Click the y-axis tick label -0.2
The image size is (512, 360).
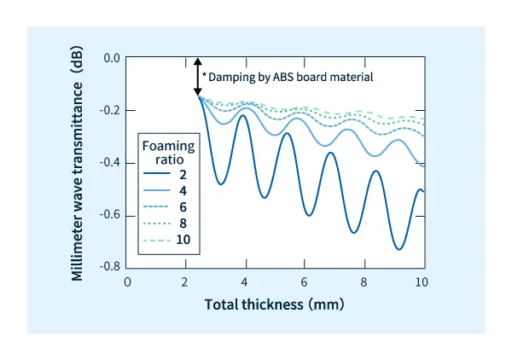[x=110, y=111]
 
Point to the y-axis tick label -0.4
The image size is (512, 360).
[x=110, y=163]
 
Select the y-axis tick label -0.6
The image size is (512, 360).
[x=110, y=215]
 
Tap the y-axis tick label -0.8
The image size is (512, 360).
[x=110, y=267]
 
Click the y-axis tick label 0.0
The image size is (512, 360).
[x=112, y=59]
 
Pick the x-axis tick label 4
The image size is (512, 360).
[x=245, y=282]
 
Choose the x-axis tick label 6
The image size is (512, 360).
[x=304, y=282]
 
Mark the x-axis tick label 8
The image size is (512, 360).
[x=363, y=282]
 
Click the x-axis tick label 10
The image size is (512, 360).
[x=421, y=282]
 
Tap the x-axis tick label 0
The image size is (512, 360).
[x=127, y=282]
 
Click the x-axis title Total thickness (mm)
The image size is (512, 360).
[x=273, y=305]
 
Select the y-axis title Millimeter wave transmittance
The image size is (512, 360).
[x=78, y=162]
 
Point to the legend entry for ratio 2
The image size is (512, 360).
[x=172, y=175]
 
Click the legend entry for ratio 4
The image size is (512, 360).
[x=172, y=191]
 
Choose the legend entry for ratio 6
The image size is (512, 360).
[x=172, y=207]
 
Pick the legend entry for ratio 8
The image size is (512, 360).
[x=172, y=224]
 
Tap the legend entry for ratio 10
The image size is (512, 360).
[x=172, y=240]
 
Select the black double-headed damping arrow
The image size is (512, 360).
[x=198, y=76]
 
